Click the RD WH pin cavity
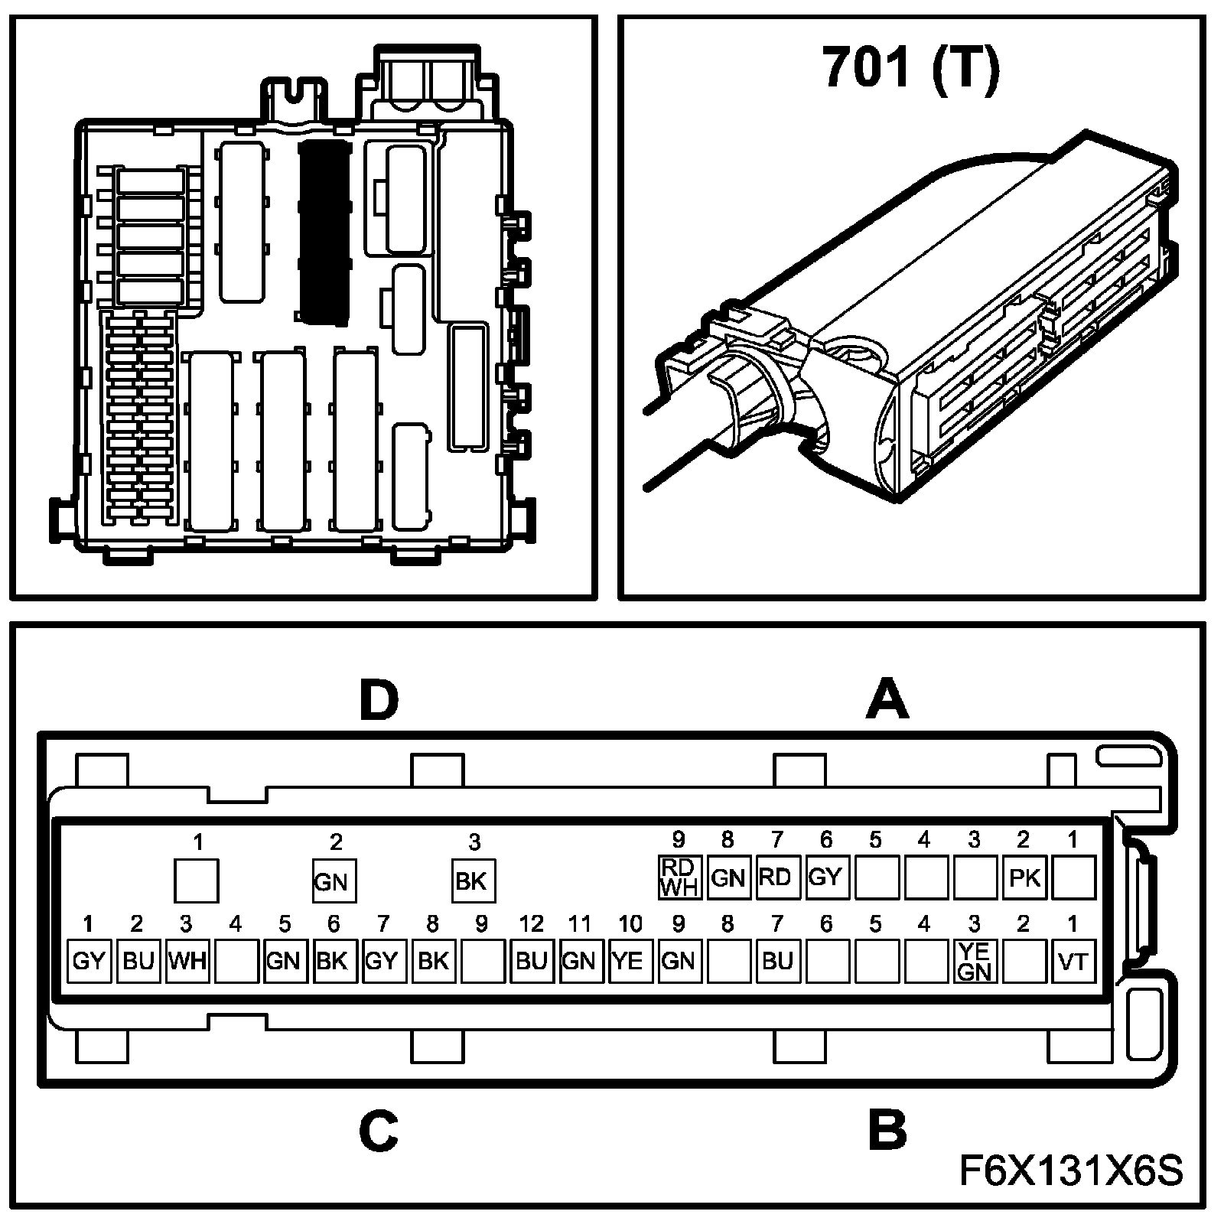(x=678, y=877)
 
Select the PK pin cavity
(x=1024, y=877)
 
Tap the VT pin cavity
(x=1073, y=961)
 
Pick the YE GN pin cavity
(x=975, y=961)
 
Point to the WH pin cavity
(x=187, y=961)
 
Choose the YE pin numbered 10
(x=628, y=961)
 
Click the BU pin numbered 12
(x=530, y=961)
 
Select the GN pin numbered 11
(x=579, y=961)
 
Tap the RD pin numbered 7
(x=775, y=877)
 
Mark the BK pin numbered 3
(x=473, y=881)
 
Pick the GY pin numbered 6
(x=825, y=877)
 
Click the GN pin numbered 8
(x=727, y=877)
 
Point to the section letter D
(x=379, y=702)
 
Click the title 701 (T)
(x=910, y=69)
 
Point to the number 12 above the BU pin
(x=530, y=925)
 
